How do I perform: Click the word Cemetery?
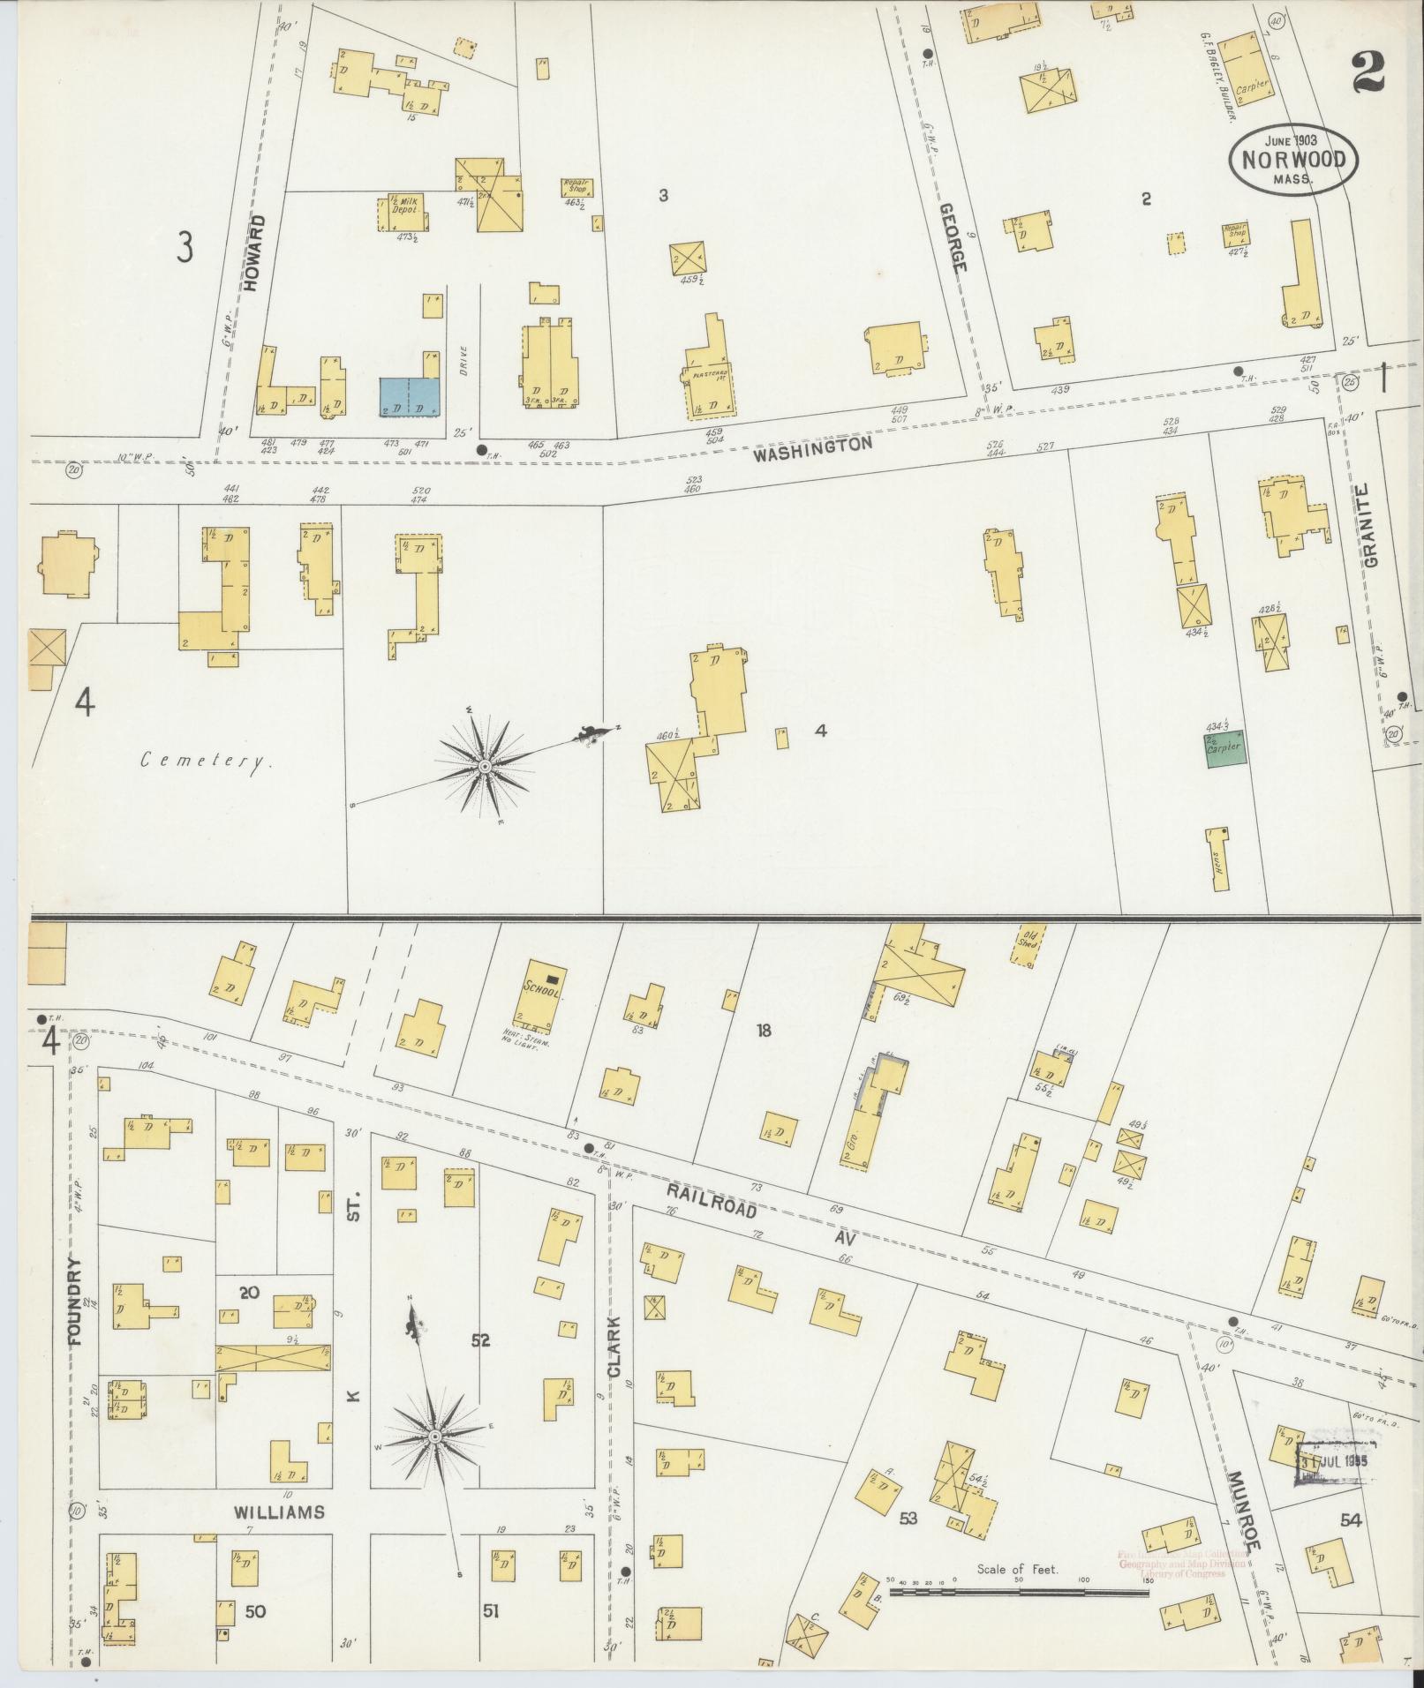pyautogui.click(x=207, y=761)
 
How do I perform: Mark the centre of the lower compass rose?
pyautogui.click(x=434, y=1438)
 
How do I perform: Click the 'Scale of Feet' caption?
pyautogui.click(x=1017, y=1570)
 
